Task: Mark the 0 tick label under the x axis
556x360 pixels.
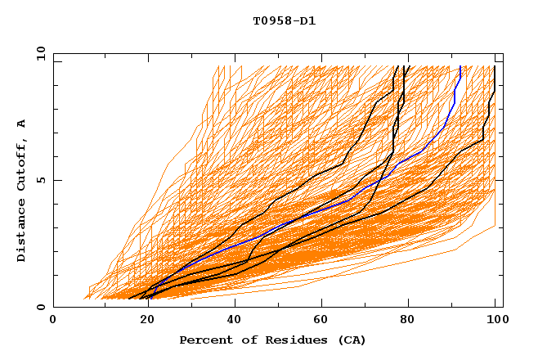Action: (54, 320)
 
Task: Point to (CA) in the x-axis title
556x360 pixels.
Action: (335, 340)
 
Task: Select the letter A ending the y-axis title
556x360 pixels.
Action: (22, 124)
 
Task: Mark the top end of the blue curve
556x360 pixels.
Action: (460, 66)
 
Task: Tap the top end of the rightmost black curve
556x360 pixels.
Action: (495, 66)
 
